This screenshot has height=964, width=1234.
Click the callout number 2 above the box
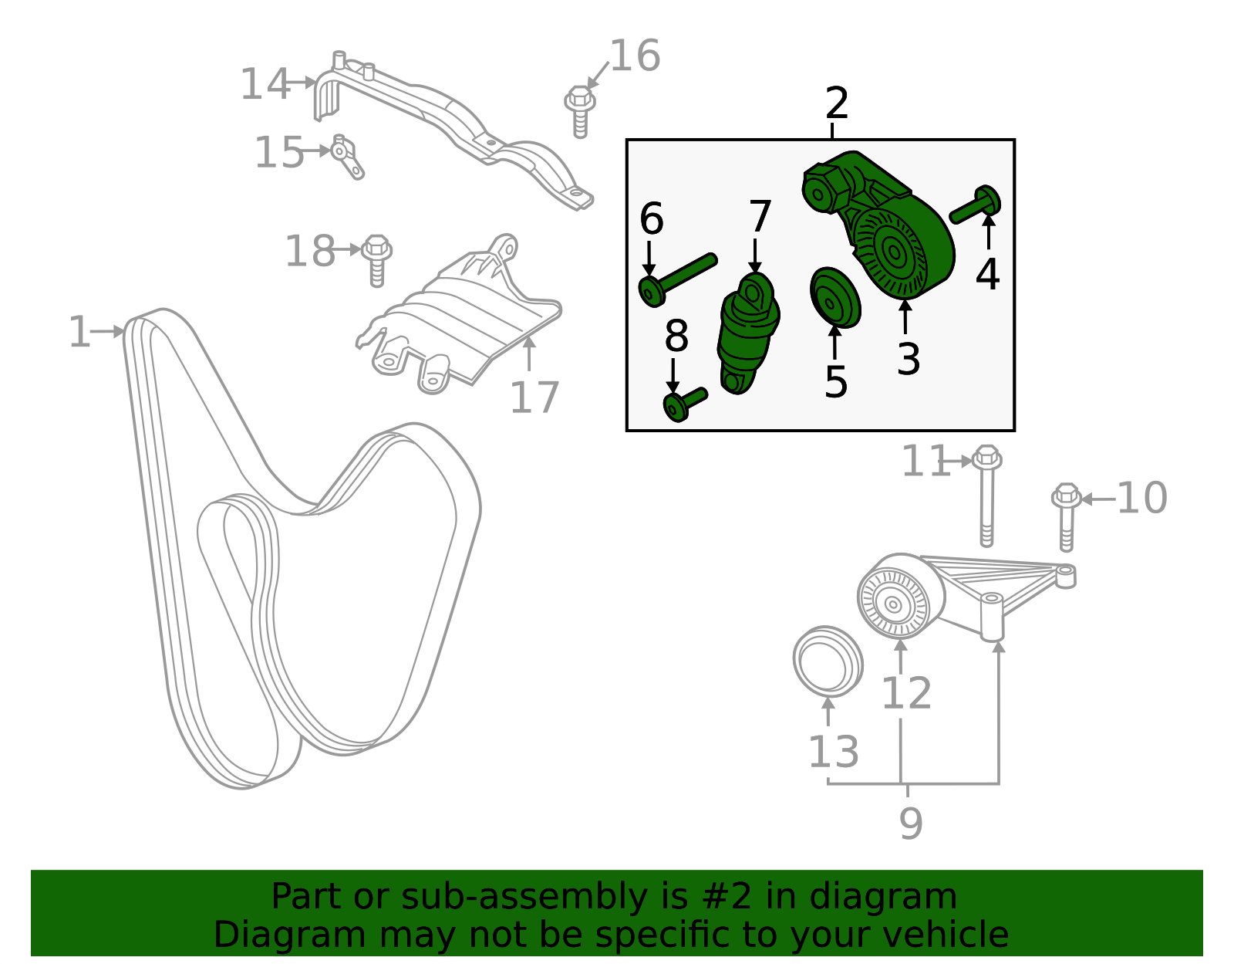(836, 103)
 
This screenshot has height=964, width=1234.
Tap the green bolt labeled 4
(976, 205)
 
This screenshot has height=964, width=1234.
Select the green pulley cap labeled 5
(834, 298)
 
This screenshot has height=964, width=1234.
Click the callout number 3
(908, 360)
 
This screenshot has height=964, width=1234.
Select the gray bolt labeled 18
(376, 259)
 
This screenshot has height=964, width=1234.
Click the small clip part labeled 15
(346, 157)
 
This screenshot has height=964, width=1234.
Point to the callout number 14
(265, 84)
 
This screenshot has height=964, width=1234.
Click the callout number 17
(534, 398)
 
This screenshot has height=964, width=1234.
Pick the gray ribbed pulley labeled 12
(895, 602)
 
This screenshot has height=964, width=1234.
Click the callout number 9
(910, 824)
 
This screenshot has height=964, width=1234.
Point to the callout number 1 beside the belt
(79, 333)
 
